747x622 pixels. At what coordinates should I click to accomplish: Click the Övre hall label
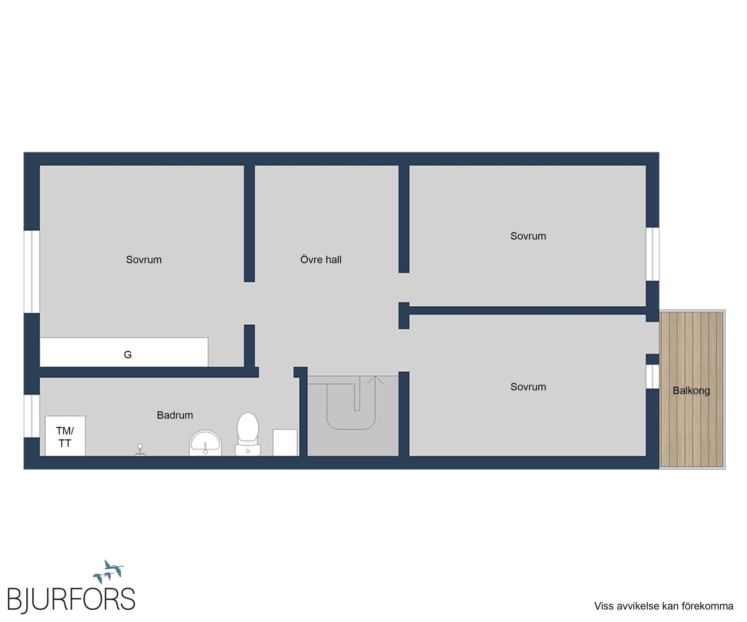point(321,260)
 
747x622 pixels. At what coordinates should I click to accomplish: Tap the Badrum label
point(175,415)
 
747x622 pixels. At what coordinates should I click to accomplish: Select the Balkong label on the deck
point(691,390)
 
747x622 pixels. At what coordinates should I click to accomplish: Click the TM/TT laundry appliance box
point(65,436)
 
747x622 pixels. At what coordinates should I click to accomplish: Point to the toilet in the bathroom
point(247,433)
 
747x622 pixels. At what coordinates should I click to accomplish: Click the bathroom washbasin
point(205,443)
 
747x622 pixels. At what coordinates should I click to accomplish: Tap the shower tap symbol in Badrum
point(140,451)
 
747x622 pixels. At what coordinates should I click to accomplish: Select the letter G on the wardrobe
point(128,355)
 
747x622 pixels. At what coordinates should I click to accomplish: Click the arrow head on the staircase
point(375,380)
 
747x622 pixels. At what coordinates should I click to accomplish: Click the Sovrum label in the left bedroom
point(144,260)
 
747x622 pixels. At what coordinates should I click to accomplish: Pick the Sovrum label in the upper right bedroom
point(528,236)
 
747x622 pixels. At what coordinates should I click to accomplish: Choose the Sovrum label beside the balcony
point(528,387)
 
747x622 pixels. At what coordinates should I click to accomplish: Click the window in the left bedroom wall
point(32,271)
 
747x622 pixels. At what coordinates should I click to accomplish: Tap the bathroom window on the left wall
point(32,416)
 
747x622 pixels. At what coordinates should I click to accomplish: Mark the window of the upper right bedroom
point(652,254)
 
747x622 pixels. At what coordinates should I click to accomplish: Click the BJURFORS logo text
point(71,599)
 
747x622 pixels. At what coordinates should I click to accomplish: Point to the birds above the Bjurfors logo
point(109,571)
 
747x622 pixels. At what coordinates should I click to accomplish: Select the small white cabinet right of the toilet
point(285,442)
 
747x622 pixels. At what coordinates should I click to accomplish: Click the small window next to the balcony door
point(652,376)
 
